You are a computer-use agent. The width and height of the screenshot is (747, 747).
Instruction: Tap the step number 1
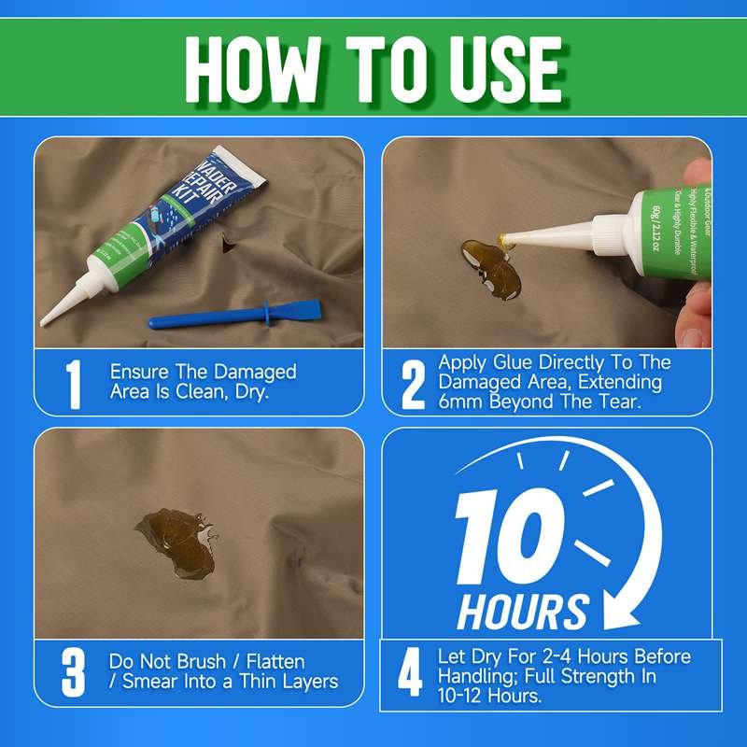click(73, 383)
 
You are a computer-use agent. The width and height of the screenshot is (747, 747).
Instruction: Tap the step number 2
click(412, 383)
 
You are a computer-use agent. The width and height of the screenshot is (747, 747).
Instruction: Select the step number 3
click(74, 672)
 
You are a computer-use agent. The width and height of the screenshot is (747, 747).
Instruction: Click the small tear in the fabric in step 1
click(225, 245)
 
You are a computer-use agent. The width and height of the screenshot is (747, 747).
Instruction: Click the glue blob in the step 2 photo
click(486, 268)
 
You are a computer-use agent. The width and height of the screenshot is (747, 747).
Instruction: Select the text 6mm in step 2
click(459, 402)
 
